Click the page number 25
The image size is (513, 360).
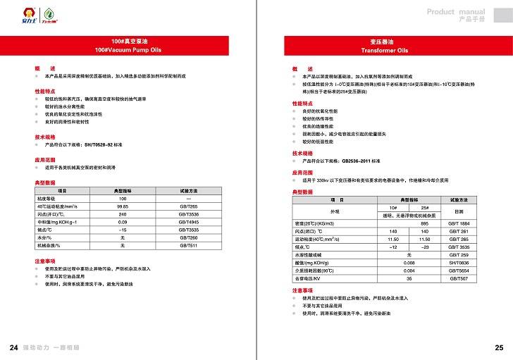click(x=499, y=348)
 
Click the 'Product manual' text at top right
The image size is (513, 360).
click(x=456, y=12)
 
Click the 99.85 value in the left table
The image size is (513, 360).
click(x=123, y=206)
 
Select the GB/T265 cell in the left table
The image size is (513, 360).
click(x=188, y=206)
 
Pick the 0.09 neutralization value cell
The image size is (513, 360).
click(x=123, y=222)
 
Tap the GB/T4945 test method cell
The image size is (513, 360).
click(x=188, y=222)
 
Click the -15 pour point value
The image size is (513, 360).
click(x=123, y=230)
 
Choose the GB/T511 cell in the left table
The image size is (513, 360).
click(x=188, y=245)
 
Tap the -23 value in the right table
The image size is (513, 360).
click(x=425, y=247)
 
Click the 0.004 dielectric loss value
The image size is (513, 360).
click(x=409, y=270)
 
